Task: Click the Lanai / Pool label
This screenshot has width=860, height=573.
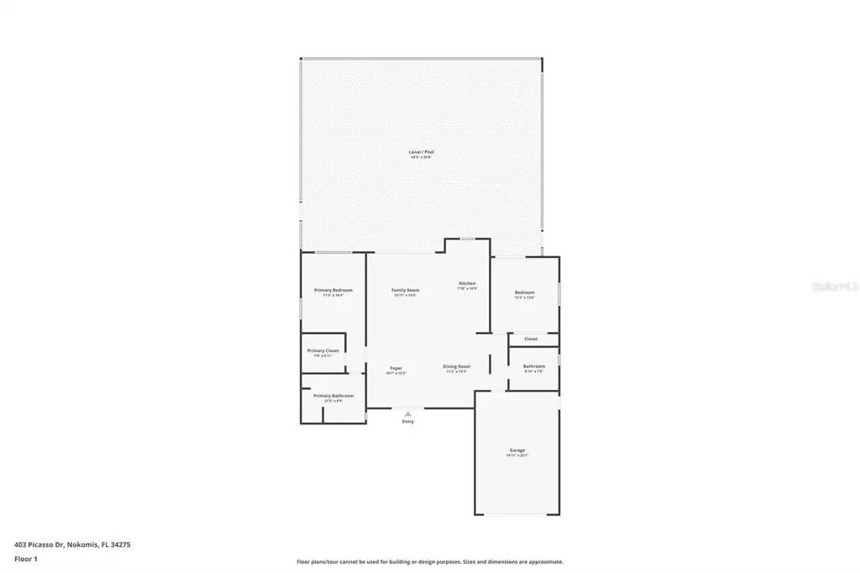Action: pos(422,152)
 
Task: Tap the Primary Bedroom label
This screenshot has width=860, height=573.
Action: pos(333,290)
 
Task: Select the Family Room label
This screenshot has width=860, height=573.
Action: pos(405,290)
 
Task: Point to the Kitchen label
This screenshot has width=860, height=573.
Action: pos(467,283)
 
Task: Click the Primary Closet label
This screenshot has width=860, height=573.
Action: pos(323,350)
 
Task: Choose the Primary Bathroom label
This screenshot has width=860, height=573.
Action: pos(333,396)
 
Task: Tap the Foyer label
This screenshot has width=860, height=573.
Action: pos(396,368)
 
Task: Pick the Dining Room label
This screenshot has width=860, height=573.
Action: pos(457,366)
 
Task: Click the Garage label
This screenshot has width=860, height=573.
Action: pos(517,450)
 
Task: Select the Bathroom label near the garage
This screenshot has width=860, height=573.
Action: pos(534,366)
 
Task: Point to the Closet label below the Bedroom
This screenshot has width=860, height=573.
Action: pos(531,339)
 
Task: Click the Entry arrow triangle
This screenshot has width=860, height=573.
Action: pos(408,413)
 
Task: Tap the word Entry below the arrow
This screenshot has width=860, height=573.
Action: pos(408,421)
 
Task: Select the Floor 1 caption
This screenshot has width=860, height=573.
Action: pos(26,558)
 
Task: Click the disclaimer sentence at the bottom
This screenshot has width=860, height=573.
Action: pos(430,561)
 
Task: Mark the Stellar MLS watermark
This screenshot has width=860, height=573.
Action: pos(834,286)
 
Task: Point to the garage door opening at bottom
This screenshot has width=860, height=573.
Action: pos(517,514)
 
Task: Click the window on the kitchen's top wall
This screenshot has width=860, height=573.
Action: pos(467,239)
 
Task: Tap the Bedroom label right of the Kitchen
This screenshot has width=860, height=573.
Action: pos(525,292)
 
